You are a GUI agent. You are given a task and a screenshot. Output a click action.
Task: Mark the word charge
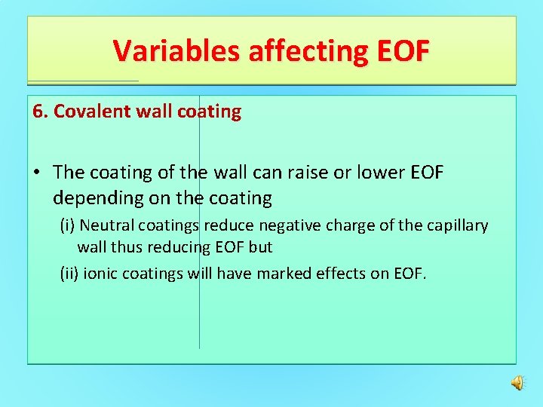340,225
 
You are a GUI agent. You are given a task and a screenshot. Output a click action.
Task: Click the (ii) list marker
69,273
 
